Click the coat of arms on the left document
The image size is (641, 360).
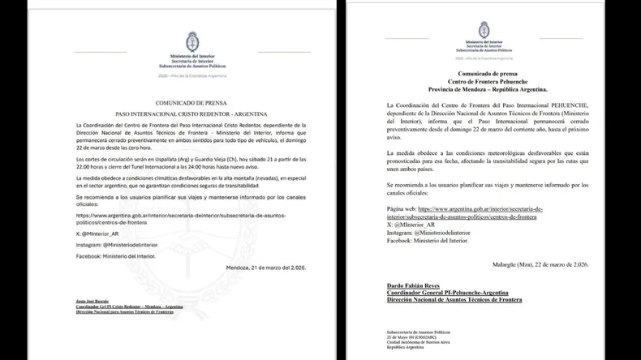193,40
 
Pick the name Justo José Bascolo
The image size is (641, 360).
92,300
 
